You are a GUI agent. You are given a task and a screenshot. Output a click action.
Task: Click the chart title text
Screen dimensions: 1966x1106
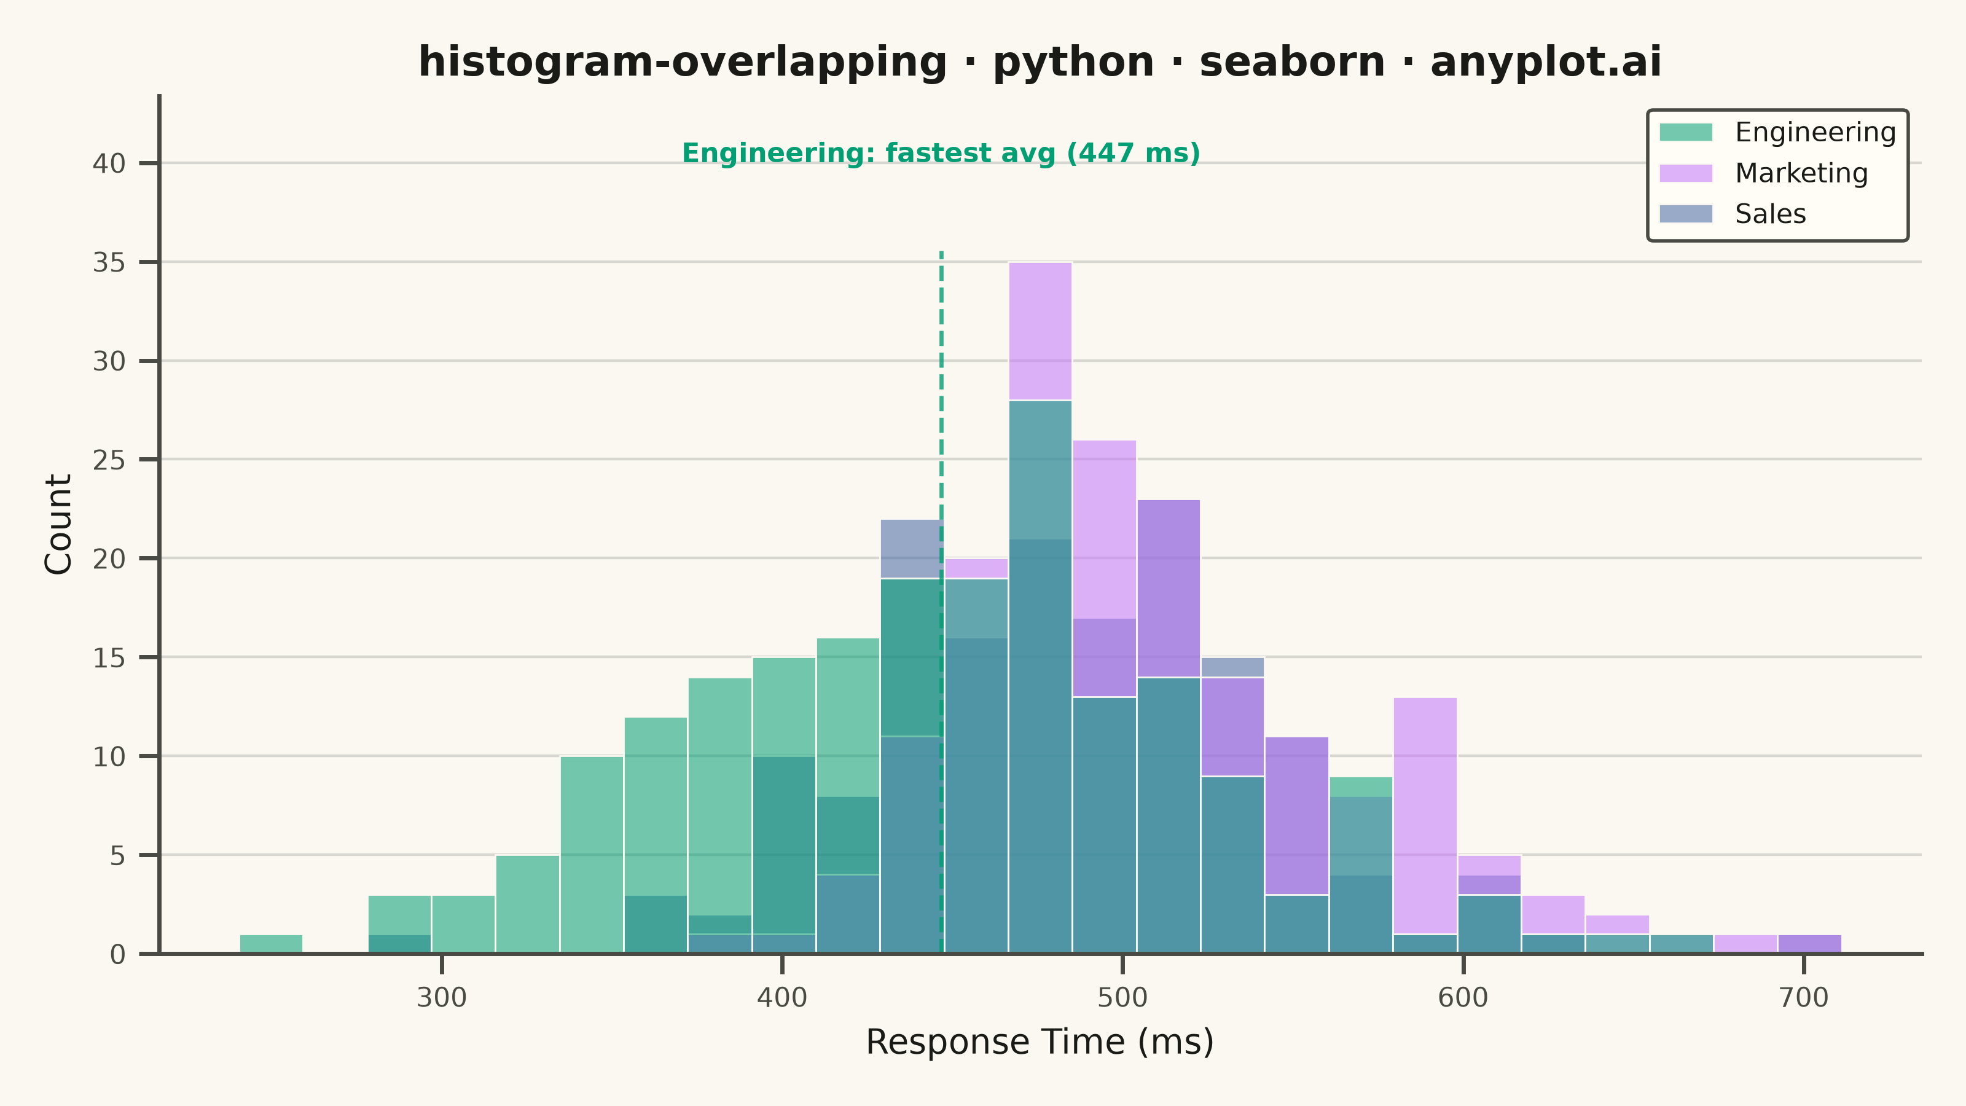pos(1040,62)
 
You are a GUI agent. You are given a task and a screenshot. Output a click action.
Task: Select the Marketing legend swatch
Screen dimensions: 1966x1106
pos(1686,173)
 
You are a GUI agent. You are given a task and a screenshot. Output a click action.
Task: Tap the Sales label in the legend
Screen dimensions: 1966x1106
pos(1770,214)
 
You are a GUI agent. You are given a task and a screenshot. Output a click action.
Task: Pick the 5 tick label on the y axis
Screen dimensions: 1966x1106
pos(117,857)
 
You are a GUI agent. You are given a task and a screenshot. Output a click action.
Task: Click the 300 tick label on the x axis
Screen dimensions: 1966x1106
pos(441,998)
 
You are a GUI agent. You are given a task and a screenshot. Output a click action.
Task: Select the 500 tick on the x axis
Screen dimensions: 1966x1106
pos(1122,964)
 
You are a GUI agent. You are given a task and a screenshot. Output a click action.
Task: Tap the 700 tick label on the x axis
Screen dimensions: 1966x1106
pos(1803,998)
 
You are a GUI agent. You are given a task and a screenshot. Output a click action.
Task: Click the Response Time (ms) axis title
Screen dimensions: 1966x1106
pos(1040,1043)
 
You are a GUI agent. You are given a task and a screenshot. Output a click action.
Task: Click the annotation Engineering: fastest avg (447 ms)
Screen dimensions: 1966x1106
pos(941,154)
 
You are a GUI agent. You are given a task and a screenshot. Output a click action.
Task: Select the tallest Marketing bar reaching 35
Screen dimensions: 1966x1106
pos(1040,331)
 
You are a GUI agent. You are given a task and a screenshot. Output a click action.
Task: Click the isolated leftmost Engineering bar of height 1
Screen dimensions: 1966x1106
pos(271,944)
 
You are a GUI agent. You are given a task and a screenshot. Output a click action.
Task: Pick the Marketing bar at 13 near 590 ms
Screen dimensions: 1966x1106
pos(1425,815)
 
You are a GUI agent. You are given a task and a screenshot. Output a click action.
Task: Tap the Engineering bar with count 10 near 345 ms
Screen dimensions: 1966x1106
pos(592,855)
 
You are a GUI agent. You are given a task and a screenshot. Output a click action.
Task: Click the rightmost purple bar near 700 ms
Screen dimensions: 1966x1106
pos(1809,944)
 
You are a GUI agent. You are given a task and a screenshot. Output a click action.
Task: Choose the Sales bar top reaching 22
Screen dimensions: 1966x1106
pos(911,549)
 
